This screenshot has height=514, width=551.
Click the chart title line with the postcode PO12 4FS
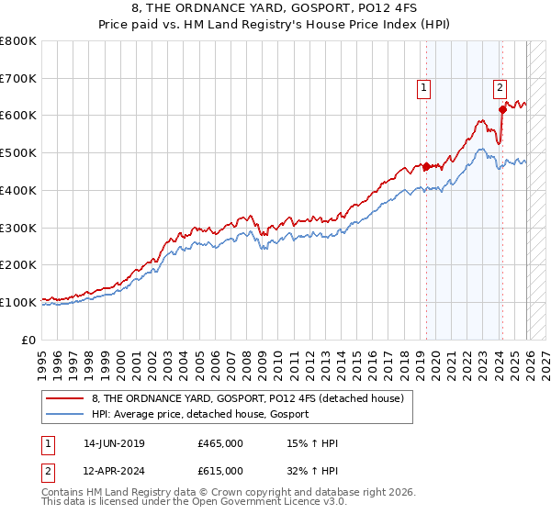click(x=275, y=9)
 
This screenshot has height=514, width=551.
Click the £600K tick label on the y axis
click(x=17, y=116)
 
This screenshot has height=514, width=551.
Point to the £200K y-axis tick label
click(x=17, y=265)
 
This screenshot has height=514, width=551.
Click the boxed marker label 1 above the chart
click(x=424, y=88)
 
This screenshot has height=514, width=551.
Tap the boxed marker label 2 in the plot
click(x=500, y=88)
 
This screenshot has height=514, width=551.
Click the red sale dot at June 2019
click(x=426, y=166)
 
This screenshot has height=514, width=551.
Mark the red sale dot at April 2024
click(x=502, y=110)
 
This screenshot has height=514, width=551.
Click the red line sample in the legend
click(x=66, y=399)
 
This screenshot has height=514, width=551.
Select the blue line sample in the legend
click(x=66, y=415)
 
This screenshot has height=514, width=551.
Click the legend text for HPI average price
click(x=199, y=415)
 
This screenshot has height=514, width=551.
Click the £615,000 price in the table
click(x=219, y=471)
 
